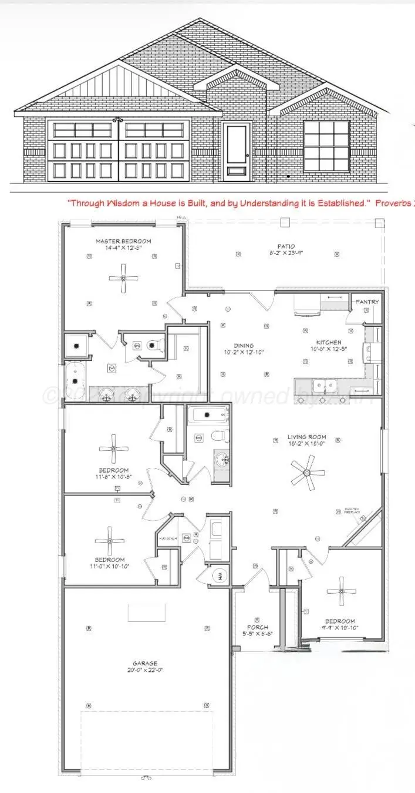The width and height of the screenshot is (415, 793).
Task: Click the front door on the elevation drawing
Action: pos(237,149)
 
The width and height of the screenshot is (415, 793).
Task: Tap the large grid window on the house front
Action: pos(326,145)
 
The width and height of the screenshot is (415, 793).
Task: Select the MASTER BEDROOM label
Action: pos(123,241)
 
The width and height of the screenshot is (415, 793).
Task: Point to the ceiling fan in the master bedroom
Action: pos(123,278)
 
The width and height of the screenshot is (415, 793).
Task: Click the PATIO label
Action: pos(286,246)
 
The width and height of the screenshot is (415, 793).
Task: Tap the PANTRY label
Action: pos(367,302)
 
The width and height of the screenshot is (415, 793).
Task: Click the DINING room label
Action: pos(244,346)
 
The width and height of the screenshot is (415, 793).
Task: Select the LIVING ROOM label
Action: pos(306,437)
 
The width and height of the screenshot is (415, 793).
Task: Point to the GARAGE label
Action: pos(144,664)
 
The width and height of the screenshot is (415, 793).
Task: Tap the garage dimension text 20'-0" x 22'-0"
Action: pos(144,671)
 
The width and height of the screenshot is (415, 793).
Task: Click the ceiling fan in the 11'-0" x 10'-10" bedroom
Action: pos(110,540)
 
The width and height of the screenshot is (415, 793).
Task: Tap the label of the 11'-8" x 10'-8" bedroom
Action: pos(113,470)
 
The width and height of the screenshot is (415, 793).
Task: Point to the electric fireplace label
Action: pos(352,510)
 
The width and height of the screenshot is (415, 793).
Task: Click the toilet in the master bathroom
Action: pos(154,344)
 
